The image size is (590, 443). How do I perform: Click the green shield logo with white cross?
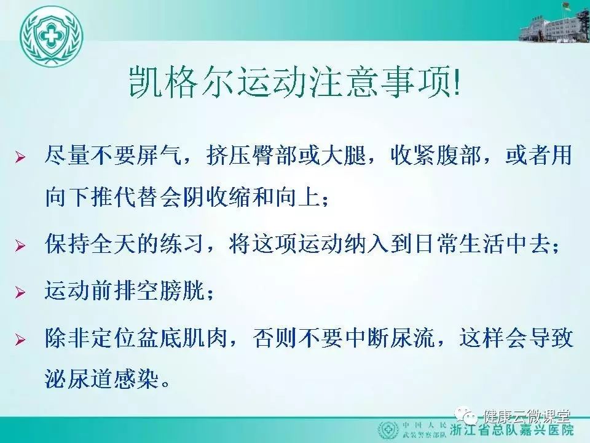(52, 37)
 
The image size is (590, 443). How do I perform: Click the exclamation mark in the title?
(457, 82)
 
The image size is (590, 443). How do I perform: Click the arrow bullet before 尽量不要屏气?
(20, 156)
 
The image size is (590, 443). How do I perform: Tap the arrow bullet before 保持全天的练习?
(20, 245)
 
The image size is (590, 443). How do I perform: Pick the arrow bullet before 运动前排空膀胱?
(20, 292)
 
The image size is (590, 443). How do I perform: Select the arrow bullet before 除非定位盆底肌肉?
(20, 340)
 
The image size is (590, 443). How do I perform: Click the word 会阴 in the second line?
(183, 198)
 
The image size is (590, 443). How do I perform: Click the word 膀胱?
(183, 290)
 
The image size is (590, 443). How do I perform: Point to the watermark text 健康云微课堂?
(527, 417)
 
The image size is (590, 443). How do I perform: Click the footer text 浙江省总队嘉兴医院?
(512, 431)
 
